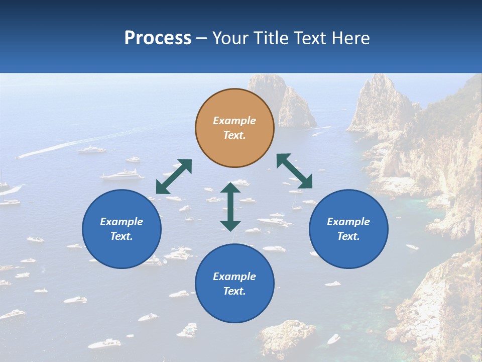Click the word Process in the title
158,38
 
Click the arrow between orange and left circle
174,176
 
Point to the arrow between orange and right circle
295,171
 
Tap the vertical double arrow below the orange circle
230,207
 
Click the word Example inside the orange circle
234,121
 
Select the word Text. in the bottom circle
234,291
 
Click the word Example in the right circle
348,222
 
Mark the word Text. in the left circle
122,236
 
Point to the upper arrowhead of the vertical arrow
230,188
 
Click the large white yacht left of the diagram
123,175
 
